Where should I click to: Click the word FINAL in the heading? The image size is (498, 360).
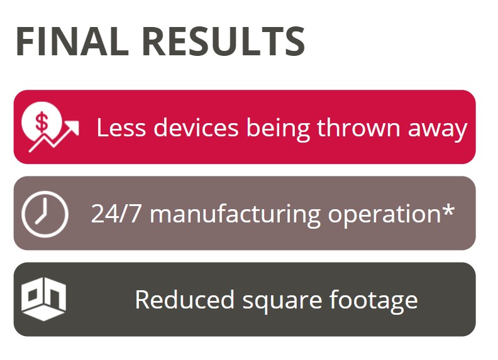[x=72, y=41]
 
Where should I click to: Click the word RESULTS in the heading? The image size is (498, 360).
[x=224, y=41]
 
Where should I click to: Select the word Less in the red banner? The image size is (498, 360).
[x=121, y=128]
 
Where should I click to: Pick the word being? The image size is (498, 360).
[x=278, y=129]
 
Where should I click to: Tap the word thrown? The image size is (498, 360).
[x=358, y=127]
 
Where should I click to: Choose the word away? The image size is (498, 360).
[x=438, y=130]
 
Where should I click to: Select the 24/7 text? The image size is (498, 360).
[x=116, y=214]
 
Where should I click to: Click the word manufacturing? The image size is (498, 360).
[x=235, y=215]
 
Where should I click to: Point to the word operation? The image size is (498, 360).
[x=384, y=215]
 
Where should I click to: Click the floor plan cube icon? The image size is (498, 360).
[x=43, y=298]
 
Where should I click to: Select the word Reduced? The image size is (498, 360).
[x=184, y=299]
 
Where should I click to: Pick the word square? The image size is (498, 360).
[x=282, y=302]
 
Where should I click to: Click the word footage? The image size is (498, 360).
[x=373, y=302]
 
